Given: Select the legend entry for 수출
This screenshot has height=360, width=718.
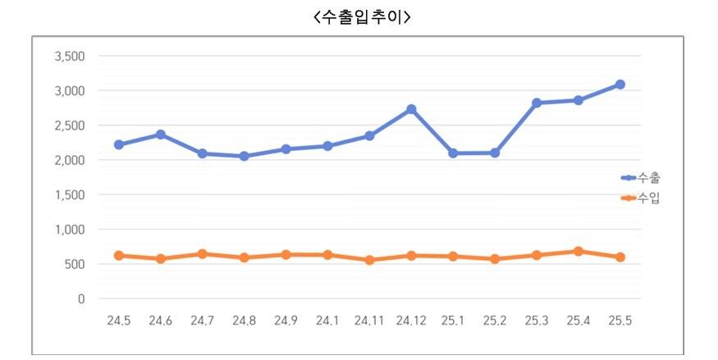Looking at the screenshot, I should pos(641,177).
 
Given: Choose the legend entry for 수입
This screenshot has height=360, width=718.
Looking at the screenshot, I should pos(641,198).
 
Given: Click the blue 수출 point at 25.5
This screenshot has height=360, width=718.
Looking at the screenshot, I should pos(620,84).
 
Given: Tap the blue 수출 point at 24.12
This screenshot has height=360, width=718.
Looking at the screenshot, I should pos(411,109).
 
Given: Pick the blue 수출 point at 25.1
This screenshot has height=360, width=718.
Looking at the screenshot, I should pos(453,153).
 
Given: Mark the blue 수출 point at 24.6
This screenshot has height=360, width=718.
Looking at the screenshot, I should pos(161,134).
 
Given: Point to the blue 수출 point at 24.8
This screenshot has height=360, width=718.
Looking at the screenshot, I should pos(245,156).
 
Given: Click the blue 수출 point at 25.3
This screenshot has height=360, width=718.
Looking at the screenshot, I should pos(537,103).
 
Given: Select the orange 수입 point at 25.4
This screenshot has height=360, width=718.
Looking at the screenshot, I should pos(579,252).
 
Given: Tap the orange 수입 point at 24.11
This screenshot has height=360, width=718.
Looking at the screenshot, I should pos(369,260).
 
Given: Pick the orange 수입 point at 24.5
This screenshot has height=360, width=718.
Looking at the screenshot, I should pos(119,256).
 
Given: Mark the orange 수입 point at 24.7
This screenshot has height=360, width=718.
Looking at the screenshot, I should pos(203,254).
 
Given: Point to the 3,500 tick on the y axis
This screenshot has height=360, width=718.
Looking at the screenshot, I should pos(70,57).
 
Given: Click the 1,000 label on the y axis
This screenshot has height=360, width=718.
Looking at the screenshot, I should pos(70,230).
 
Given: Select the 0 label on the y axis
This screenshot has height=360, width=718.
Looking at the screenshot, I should pos(80,299).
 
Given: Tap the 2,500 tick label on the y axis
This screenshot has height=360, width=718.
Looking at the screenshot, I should pos(70,125).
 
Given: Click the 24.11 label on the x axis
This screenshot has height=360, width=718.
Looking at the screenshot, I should pos(369,320).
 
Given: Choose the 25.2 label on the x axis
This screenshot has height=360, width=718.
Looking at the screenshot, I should pos(495,320).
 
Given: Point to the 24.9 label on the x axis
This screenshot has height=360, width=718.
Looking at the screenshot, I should pos(286,320).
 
